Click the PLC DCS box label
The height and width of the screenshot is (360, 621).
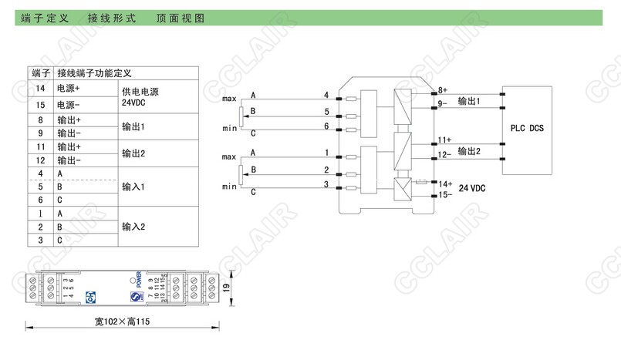(x=527, y=128)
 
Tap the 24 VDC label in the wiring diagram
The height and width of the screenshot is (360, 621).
(x=473, y=188)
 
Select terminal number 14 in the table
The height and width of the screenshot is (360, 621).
(x=39, y=89)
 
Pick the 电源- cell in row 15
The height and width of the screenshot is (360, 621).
(x=69, y=103)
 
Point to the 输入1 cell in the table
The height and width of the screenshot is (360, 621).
(x=133, y=187)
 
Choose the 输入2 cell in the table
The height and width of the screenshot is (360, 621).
(x=133, y=227)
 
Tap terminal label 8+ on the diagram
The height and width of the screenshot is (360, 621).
(x=442, y=90)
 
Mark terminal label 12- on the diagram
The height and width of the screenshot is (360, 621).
(x=443, y=155)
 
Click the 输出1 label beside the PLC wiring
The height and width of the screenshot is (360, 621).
(x=468, y=101)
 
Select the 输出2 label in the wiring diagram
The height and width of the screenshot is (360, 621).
(x=468, y=151)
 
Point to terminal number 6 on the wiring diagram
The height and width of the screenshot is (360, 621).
(x=326, y=126)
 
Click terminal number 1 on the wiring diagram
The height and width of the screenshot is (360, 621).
(x=326, y=153)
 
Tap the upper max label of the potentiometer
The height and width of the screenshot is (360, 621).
(x=229, y=99)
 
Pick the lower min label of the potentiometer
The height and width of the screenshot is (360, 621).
(x=229, y=187)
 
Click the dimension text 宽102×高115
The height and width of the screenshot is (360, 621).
(x=117, y=321)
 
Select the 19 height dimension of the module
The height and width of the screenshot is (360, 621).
(x=225, y=287)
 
